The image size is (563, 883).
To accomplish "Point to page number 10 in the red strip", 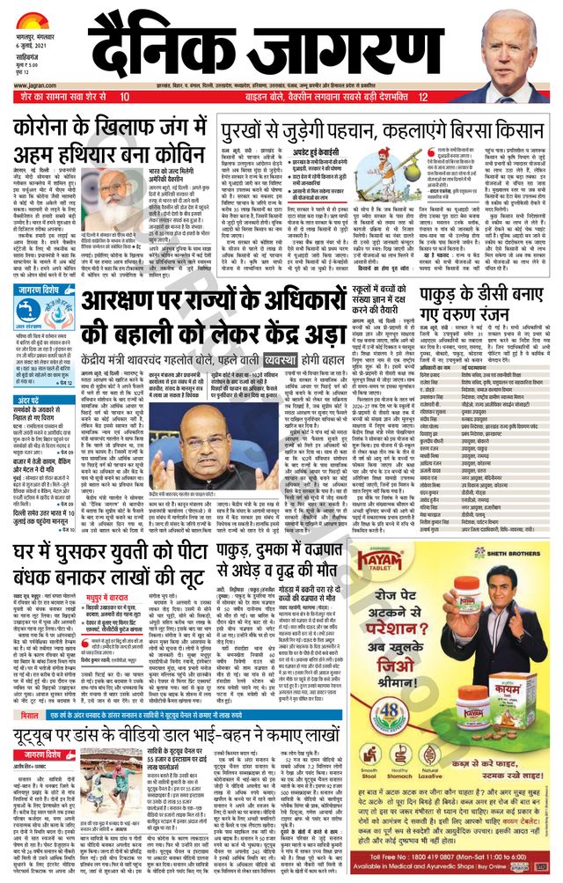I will (x=125, y=96).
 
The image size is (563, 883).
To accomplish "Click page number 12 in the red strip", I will (x=424, y=96).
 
